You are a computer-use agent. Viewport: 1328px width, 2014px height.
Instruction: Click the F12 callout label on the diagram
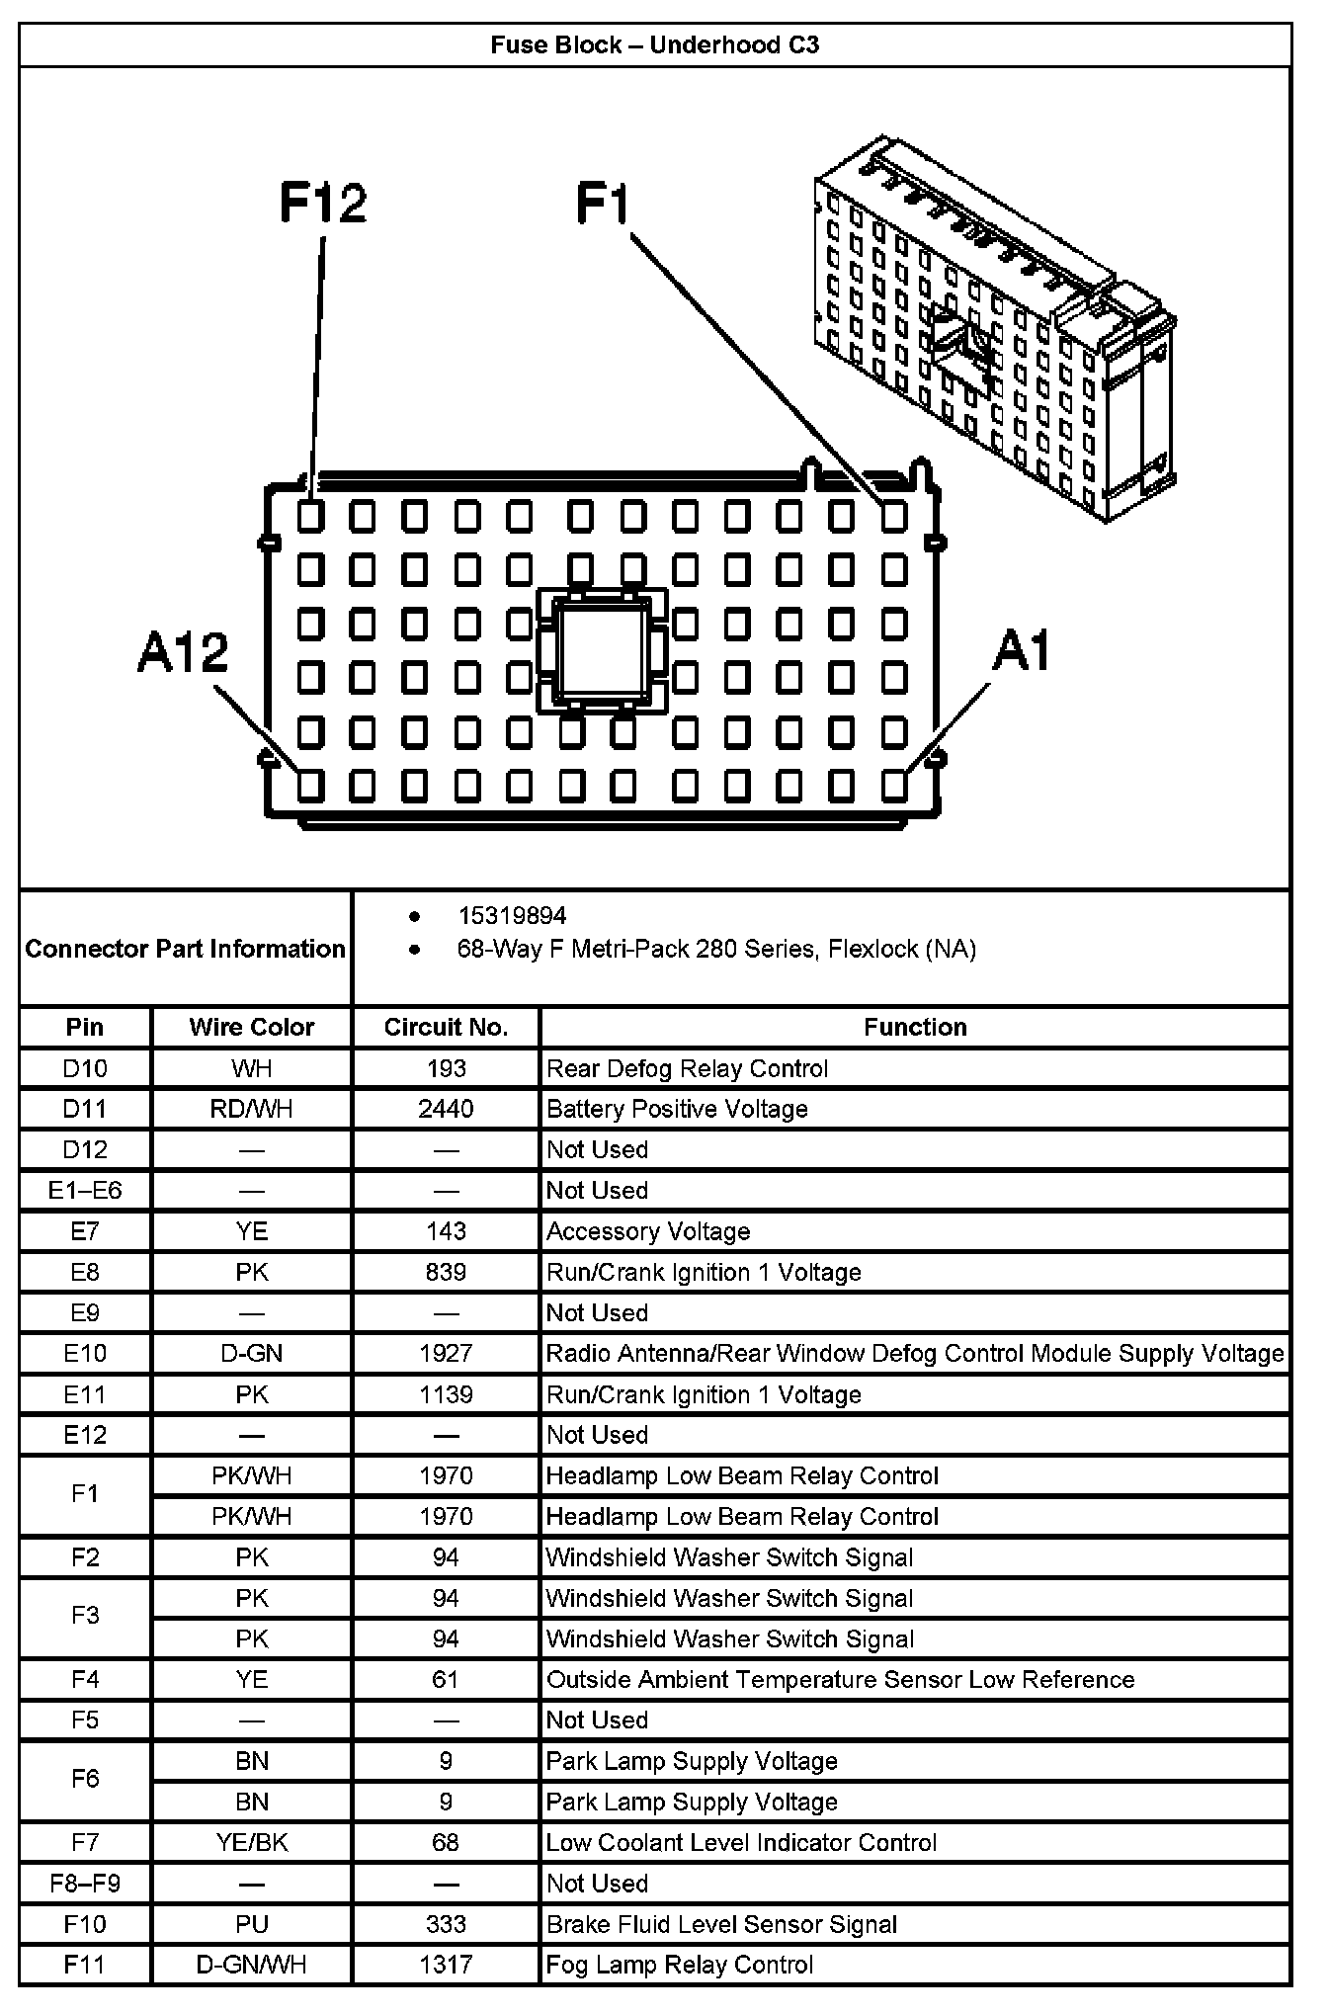tap(323, 204)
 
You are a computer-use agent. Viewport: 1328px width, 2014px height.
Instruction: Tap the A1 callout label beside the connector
tap(1022, 651)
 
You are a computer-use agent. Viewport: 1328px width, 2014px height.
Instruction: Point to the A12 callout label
tap(183, 653)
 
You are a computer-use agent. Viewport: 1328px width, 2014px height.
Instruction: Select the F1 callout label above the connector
tap(603, 204)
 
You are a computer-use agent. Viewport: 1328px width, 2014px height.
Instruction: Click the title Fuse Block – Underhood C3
tap(654, 44)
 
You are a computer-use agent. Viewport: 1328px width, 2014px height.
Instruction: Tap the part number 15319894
tap(512, 916)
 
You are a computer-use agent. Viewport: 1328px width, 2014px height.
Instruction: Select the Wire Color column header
tap(252, 1027)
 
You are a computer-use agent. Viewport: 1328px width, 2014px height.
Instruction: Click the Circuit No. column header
tap(446, 1027)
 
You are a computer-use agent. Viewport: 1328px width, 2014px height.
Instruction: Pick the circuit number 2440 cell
tap(446, 1109)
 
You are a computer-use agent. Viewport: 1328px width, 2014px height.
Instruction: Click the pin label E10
tap(85, 1353)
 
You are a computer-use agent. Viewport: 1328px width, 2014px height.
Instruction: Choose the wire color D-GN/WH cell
tap(252, 1965)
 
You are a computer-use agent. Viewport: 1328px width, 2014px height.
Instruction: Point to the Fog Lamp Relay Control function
tap(680, 1965)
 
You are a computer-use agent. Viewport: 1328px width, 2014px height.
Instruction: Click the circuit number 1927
tap(446, 1353)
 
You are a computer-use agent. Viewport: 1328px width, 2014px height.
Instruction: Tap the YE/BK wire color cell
tap(252, 1842)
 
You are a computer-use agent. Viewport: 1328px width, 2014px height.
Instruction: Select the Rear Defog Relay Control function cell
tap(688, 1068)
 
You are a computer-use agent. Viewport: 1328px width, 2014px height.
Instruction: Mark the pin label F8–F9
tap(85, 1883)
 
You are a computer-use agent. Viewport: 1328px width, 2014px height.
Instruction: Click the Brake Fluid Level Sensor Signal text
tap(721, 1924)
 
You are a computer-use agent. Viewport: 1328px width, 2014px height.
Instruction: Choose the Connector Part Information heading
tap(186, 949)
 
